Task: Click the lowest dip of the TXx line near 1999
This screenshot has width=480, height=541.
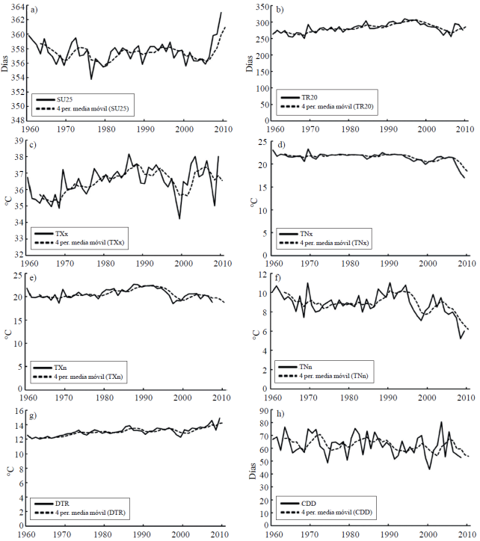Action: (x=179, y=218)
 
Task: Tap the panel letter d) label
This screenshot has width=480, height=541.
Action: (x=281, y=144)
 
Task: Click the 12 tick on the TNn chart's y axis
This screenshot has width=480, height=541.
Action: (x=262, y=275)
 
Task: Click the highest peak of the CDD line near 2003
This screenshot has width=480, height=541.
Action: (x=441, y=423)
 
